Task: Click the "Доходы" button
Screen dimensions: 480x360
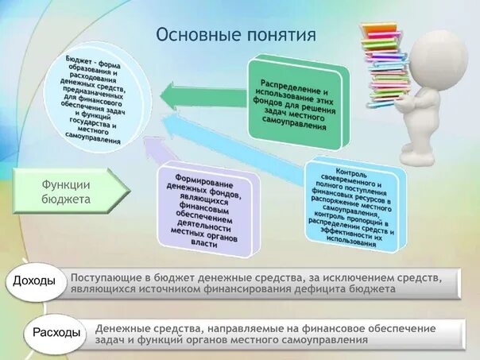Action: (36, 281)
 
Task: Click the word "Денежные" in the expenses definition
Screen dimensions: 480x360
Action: (122, 327)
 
